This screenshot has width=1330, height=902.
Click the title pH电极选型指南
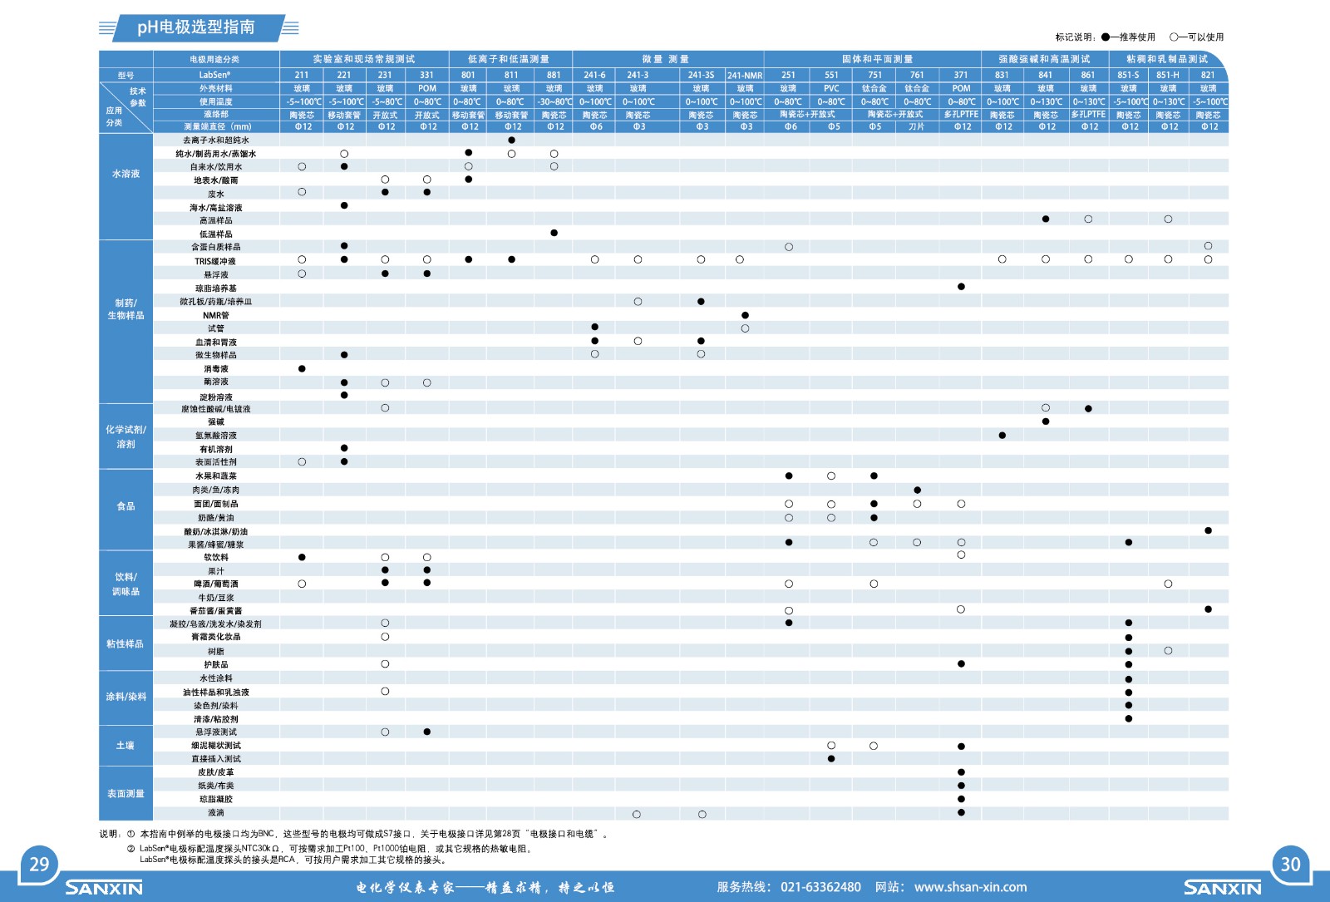(196, 27)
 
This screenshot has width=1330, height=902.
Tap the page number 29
(39, 864)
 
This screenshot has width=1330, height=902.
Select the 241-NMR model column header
(745, 76)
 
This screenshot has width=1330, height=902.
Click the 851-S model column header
(1128, 75)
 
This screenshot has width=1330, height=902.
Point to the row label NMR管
(216, 315)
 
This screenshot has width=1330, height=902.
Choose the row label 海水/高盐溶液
(216, 207)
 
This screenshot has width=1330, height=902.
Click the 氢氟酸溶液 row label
(216, 436)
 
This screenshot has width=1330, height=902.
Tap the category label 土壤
(126, 746)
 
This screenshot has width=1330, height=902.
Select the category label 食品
(126, 506)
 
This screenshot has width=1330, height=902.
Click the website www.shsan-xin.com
(970, 887)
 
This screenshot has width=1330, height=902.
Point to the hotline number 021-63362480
(820, 887)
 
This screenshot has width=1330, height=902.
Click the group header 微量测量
(665, 59)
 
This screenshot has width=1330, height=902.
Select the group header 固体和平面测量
(877, 59)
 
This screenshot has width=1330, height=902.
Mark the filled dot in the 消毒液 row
(302, 368)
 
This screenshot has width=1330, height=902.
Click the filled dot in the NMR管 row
(745, 315)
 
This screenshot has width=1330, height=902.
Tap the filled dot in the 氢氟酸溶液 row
(1002, 436)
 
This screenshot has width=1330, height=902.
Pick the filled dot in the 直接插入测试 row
(831, 759)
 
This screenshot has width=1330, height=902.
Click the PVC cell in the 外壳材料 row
(831, 88)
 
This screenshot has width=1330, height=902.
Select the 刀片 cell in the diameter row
(916, 126)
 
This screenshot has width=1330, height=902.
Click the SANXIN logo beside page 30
(1222, 888)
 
